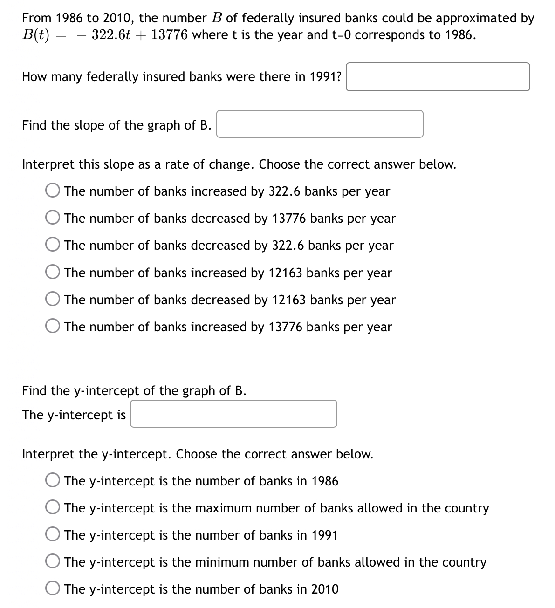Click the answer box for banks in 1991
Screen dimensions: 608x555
[438, 77]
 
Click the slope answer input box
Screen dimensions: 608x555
[320, 124]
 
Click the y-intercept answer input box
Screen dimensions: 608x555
[233, 414]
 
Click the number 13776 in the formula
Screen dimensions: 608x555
[170, 35]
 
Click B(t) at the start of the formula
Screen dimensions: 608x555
[36, 35]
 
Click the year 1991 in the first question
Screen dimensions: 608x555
[325, 77]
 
